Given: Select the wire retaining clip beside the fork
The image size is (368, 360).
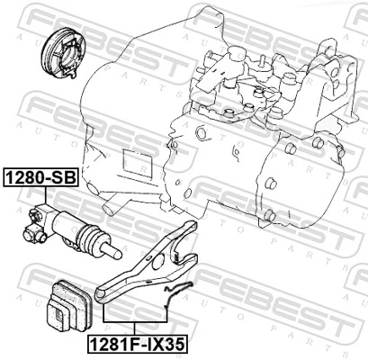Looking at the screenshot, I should click(x=180, y=290).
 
